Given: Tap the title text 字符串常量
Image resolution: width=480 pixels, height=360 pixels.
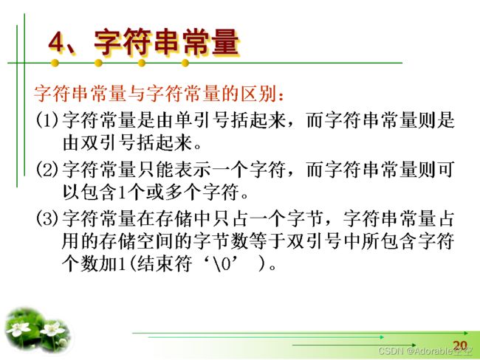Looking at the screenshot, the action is click(x=167, y=42).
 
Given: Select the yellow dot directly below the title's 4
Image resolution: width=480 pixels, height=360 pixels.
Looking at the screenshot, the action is click(x=55, y=63).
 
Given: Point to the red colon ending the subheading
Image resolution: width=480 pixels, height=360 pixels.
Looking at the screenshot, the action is click(x=281, y=95).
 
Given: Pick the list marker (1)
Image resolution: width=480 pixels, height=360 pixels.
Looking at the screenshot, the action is click(x=47, y=120).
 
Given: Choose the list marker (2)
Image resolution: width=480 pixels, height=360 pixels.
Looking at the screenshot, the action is click(x=47, y=169).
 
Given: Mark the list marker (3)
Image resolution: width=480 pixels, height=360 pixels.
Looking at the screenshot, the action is click(x=47, y=218).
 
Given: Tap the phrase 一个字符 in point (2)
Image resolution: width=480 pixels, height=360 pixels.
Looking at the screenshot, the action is click(x=249, y=169).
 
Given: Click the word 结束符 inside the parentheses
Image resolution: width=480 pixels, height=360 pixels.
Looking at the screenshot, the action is click(x=165, y=263).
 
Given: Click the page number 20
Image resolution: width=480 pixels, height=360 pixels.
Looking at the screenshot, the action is click(x=460, y=346).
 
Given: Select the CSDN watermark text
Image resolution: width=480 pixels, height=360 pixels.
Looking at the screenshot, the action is click(x=425, y=351).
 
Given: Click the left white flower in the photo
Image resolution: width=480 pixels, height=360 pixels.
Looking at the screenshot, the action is click(x=18, y=329).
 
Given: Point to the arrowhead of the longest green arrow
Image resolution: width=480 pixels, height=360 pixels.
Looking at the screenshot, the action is click(x=466, y=333).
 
